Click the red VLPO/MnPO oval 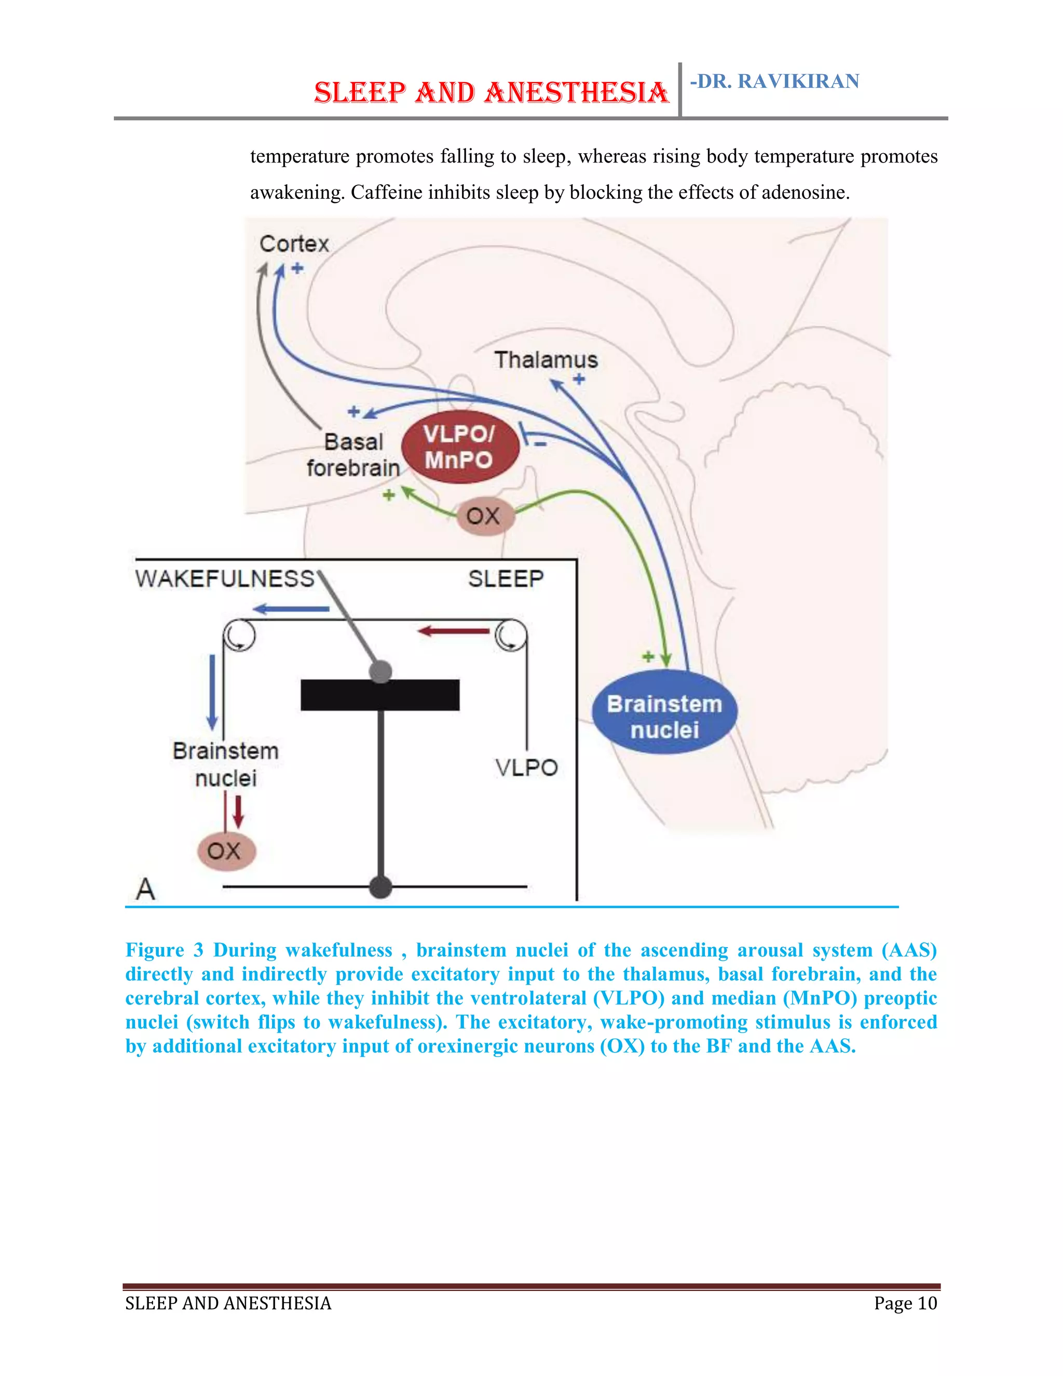[x=460, y=447]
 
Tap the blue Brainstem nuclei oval [x=664, y=712]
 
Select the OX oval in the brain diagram [x=484, y=516]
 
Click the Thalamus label [x=546, y=360]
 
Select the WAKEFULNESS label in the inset [x=225, y=578]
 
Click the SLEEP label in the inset [x=506, y=578]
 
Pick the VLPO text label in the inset [x=526, y=767]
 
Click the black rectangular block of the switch [x=380, y=695]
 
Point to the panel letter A [x=145, y=889]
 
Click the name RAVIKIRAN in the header [x=798, y=82]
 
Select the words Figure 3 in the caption [x=165, y=950]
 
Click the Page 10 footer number [x=905, y=1303]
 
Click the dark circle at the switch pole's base [x=380, y=887]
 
